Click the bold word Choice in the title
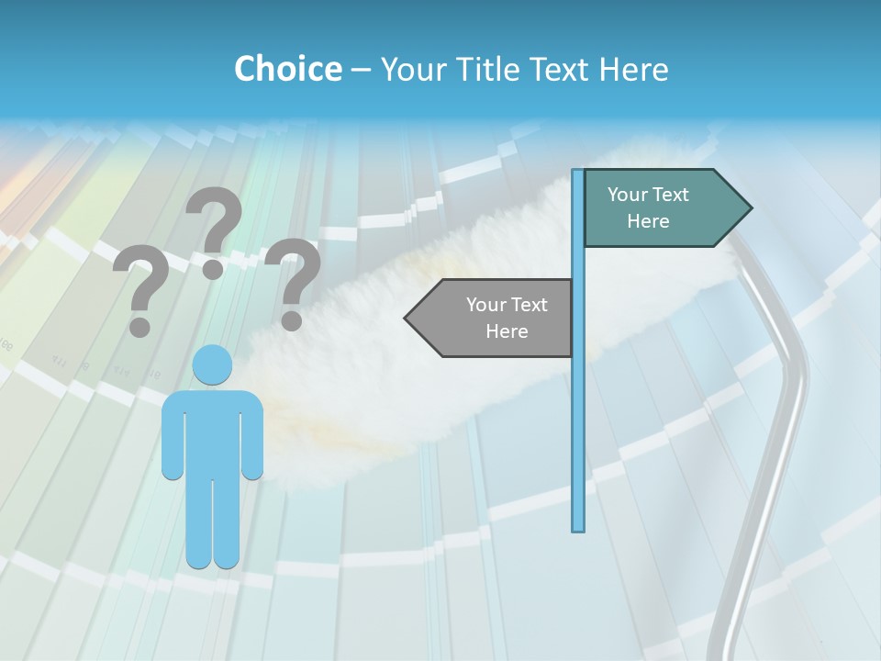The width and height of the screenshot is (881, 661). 287,69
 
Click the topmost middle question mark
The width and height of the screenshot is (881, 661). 215,230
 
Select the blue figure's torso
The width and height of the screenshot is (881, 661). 212,431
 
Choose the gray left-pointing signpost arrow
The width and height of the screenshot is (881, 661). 496,318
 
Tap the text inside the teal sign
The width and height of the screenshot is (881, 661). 648,207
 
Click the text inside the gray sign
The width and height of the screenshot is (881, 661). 507,318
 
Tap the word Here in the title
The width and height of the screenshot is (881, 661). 633,69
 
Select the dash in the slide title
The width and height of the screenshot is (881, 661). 361,70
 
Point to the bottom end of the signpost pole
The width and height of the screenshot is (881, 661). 578,528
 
